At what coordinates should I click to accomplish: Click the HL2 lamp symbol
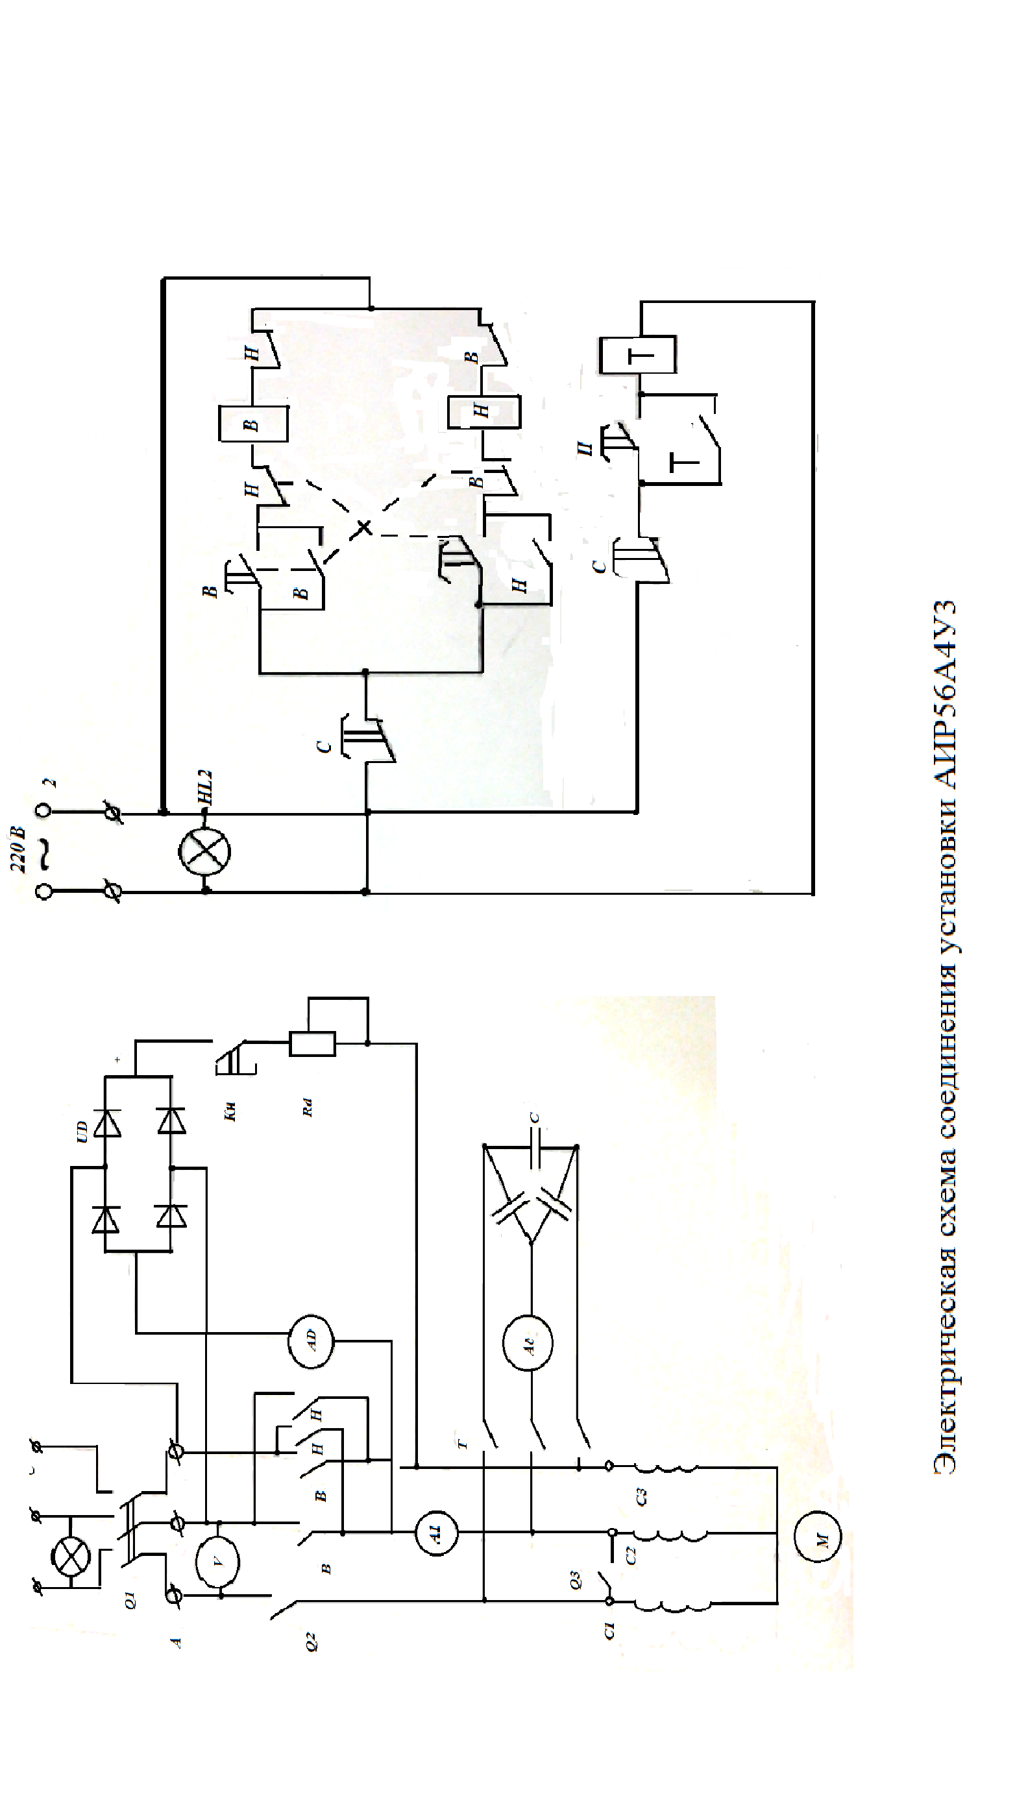point(204,851)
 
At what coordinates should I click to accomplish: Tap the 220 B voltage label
point(19,849)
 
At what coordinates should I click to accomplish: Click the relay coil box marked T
point(637,355)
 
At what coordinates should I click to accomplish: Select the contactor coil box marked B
point(253,423)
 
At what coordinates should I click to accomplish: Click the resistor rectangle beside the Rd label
point(312,1044)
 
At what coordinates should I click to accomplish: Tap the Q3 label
point(574,1578)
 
